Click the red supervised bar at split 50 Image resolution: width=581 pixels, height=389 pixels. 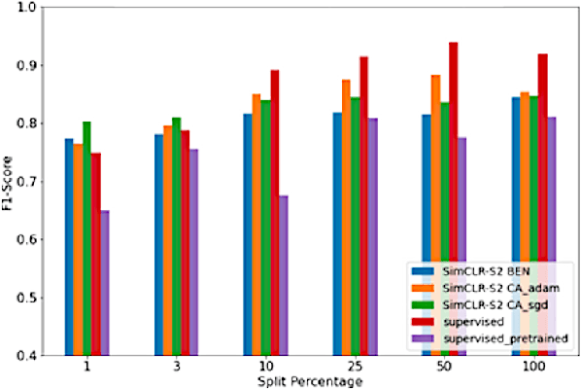coord(454,194)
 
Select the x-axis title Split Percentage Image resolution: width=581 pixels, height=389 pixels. coord(310,382)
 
